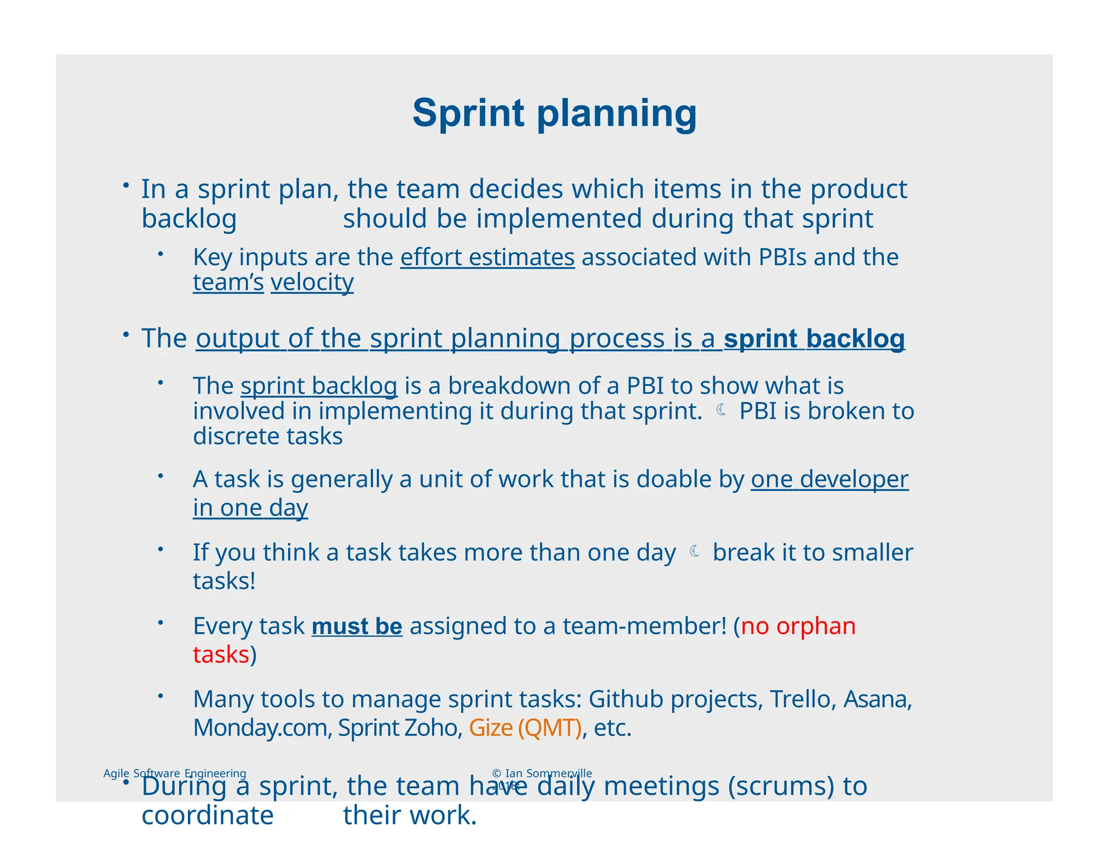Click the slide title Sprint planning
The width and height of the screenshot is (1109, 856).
tap(554, 114)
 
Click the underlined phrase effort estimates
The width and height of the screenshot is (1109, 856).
tap(487, 257)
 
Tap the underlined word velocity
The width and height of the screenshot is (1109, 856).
tap(312, 282)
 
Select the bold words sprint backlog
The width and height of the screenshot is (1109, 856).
tap(814, 339)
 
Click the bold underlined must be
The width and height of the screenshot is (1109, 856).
tap(357, 626)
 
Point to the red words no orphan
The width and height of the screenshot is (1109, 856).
tap(798, 626)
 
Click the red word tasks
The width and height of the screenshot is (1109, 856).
tap(221, 655)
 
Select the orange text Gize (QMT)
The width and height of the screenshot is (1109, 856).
tap(525, 728)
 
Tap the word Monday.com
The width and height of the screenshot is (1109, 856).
tap(262, 728)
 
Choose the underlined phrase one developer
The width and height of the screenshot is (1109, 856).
tap(829, 479)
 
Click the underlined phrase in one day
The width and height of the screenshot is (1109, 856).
tap(250, 508)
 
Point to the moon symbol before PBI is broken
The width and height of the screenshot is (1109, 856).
tap(721, 410)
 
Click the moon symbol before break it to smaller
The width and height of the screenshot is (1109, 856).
tap(694, 551)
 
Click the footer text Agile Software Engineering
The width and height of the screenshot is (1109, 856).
tap(174, 773)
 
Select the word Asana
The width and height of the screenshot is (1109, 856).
tap(877, 699)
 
